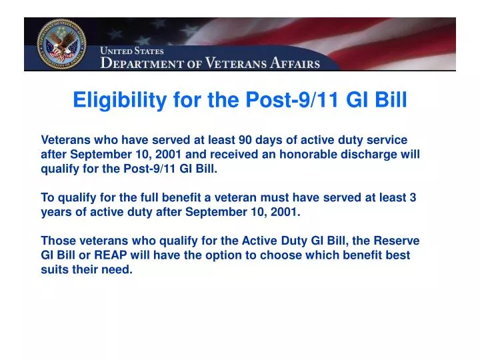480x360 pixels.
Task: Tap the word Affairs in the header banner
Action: [295, 64]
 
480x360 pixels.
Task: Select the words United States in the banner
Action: [132, 51]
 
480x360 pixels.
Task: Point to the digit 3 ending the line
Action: [413, 198]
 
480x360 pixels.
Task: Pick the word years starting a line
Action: [55, 213]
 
